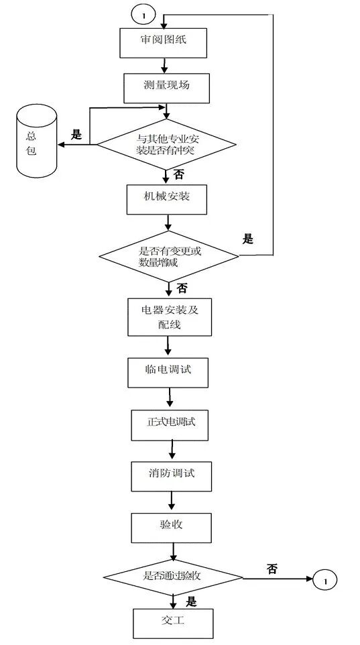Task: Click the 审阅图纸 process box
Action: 163,42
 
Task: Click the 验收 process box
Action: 171,526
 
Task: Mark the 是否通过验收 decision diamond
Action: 172,577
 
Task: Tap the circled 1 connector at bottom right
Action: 323,580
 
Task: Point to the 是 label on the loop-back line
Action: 248,239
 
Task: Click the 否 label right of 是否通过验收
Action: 272,569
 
